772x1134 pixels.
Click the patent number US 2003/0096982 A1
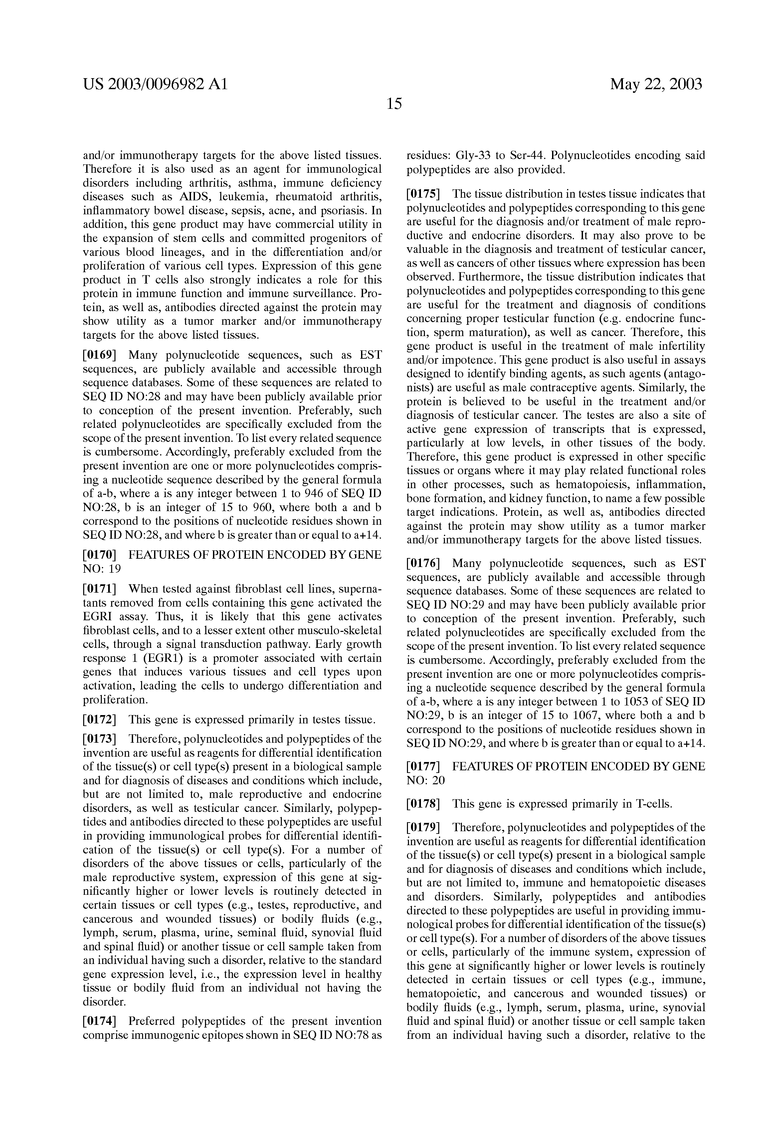155,85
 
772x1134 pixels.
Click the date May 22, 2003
656,85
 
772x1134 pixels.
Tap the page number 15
394,104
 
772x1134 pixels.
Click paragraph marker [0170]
99,555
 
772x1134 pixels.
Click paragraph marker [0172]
99,720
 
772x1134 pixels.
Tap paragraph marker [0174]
99,1021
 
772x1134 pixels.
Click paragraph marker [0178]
423,804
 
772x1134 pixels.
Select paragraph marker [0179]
423,828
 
